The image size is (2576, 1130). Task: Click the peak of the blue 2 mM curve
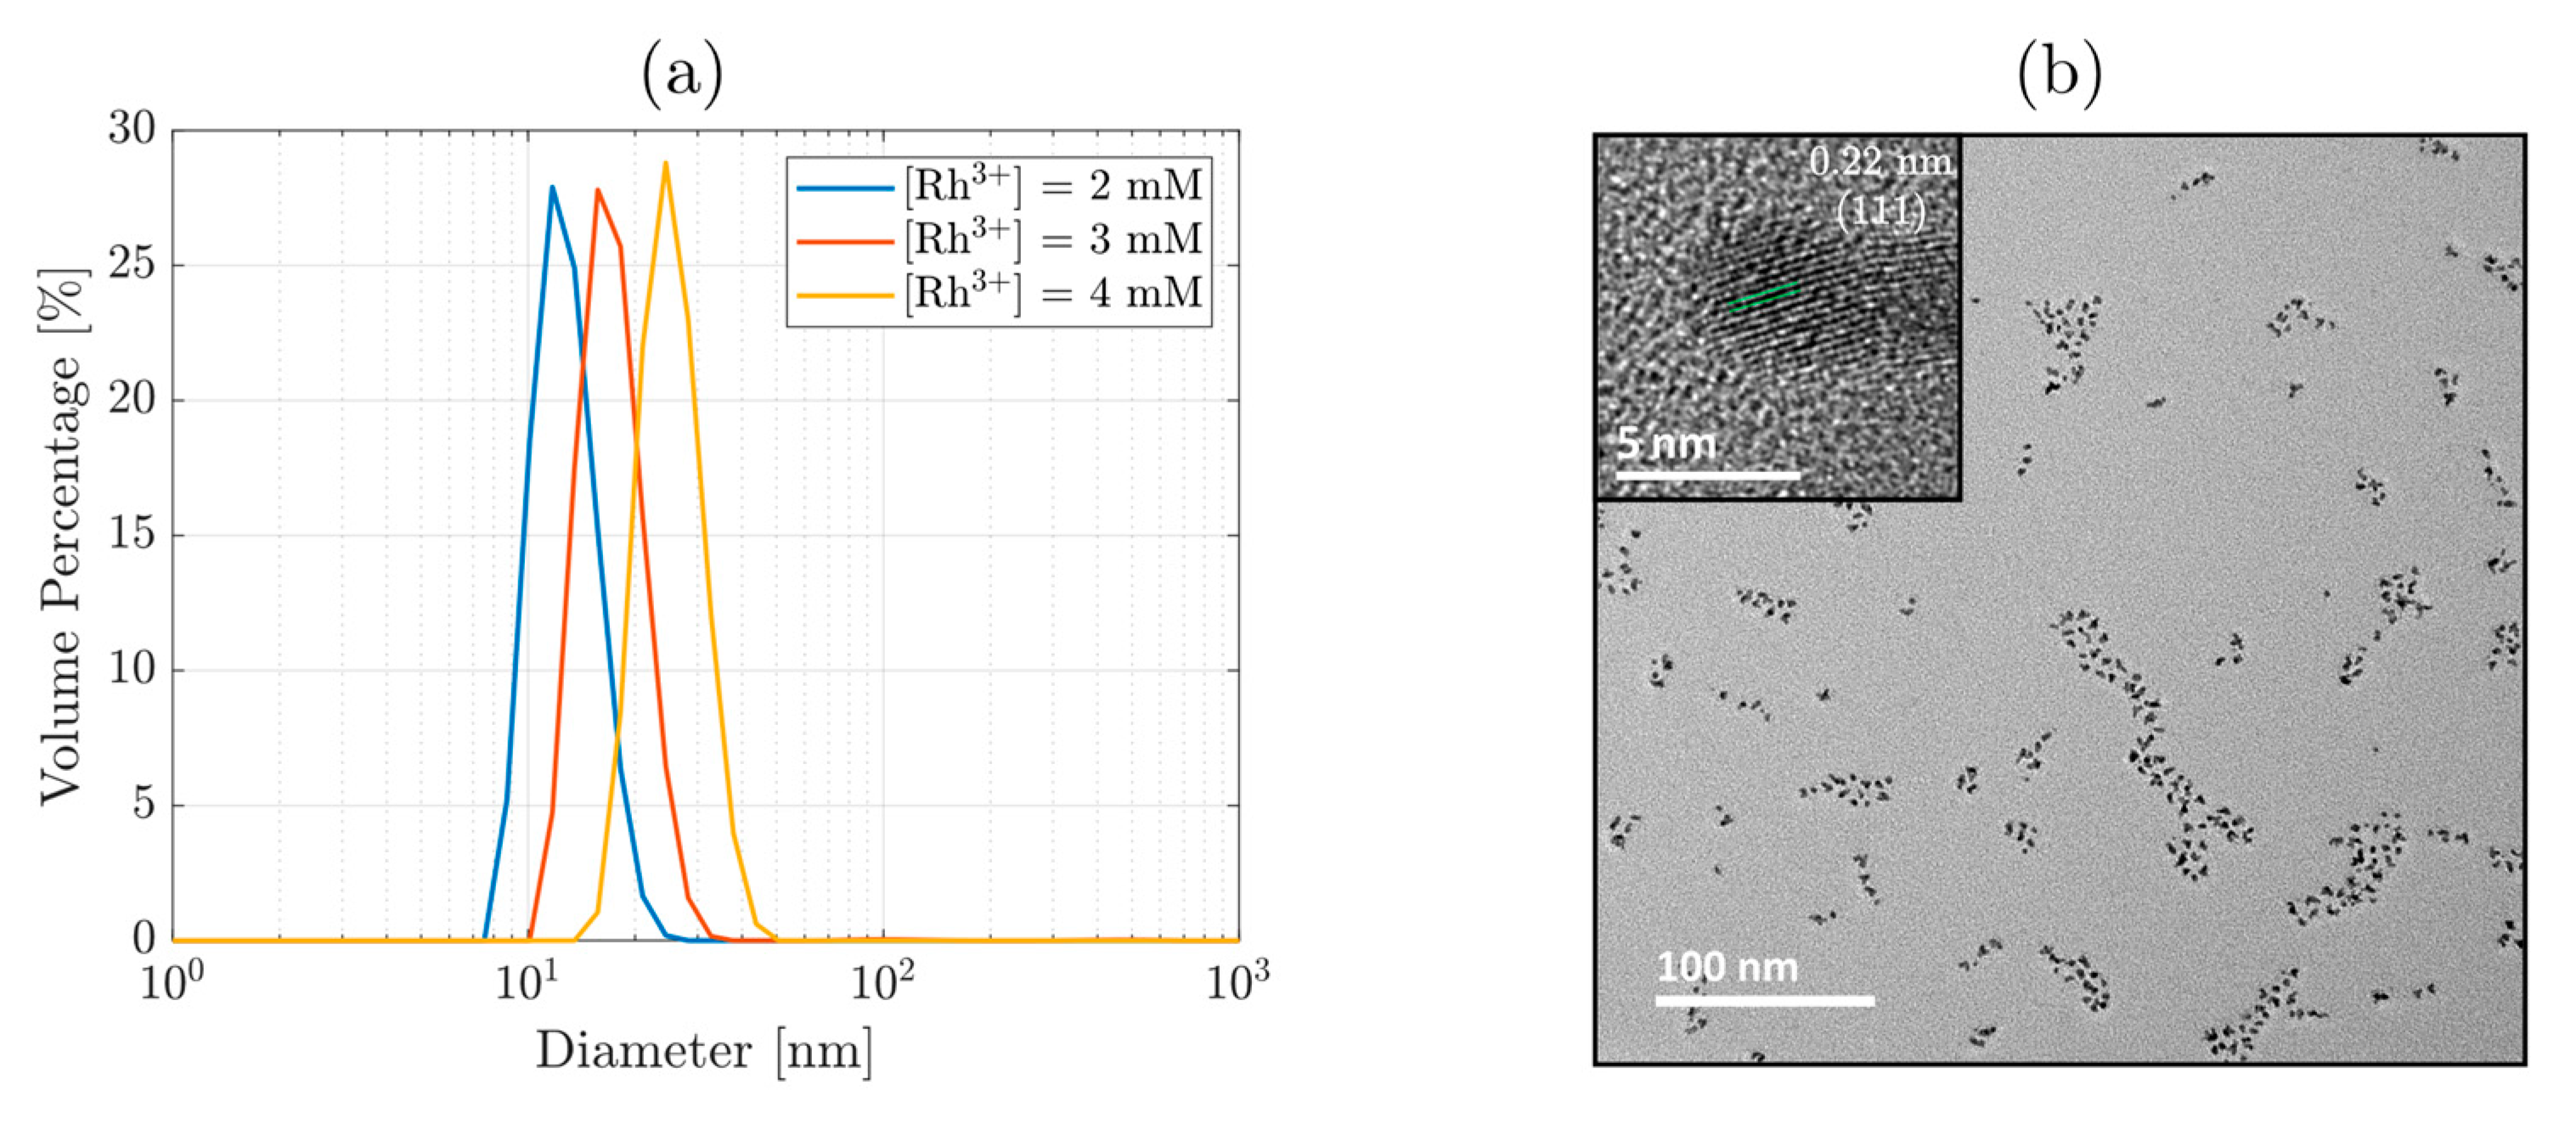[x=551, y=187]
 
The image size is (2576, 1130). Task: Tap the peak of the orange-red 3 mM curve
[x=598, y=190]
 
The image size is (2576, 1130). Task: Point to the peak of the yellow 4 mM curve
[x=665, y=164]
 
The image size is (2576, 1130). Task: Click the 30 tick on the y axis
[x=133, y=129]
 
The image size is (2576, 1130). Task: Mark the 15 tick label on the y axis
[x=133, y=534]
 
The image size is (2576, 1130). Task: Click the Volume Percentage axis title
[x=62, y=536]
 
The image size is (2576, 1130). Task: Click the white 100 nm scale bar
[x=1764, y=1000]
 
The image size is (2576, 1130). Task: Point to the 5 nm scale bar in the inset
[x=1707, y=475]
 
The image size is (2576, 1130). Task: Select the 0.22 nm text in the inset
[x=1880, y=163]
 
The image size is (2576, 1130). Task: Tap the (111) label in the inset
[x=1880, y=211]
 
